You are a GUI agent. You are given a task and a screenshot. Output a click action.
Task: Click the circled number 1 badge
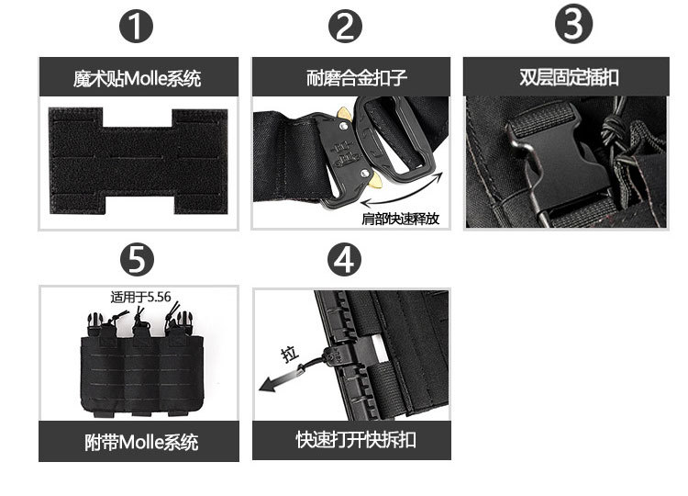pyautogui.click(x=136, y=26)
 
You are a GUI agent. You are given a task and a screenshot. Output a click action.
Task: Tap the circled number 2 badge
pyautogui.click(x=345, y=26)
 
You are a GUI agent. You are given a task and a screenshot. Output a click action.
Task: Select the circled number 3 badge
pyautogui.click(x=573, y=24)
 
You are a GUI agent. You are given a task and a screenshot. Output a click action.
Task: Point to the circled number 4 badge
pyautogui.click(x=344, y=260)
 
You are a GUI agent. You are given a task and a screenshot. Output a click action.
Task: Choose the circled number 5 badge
pyautogui.click(x=137, y=260)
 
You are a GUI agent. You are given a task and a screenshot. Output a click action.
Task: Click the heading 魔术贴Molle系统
pyautogui.click(x=138, y=79)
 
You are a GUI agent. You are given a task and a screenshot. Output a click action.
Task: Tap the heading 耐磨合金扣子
pyautogui.click(x=356, y=78)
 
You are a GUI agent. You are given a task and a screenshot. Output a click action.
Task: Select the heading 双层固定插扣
pyautogui.click(x=569, y=77)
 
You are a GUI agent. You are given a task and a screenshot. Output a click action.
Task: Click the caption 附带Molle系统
pyautogui.click(x=141, y=442)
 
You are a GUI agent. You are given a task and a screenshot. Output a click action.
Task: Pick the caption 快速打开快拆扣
pyautogui.click(x=356, y=440)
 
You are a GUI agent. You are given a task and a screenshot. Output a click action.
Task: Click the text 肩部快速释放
pyautogui.click(x=400, y=219)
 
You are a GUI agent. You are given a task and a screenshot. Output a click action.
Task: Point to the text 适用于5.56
pyautogui.click(x=140, y=297)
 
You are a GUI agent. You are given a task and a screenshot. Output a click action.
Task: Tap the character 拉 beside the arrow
pyautogui.click(x=290, y=354)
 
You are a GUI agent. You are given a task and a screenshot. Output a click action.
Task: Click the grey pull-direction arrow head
pyautogui.click(x=269, y=384)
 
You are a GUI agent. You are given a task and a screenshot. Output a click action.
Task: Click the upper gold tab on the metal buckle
pyautogui.click(x=344, y=114)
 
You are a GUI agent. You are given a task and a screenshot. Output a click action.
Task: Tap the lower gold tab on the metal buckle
pyautogui.click(x=376, y=181)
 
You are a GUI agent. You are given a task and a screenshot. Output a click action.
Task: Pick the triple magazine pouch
pyautogui.click(x=141, y=365)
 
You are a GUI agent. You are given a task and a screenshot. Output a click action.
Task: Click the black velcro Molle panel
pyautogui.click(x=138, y=161)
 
